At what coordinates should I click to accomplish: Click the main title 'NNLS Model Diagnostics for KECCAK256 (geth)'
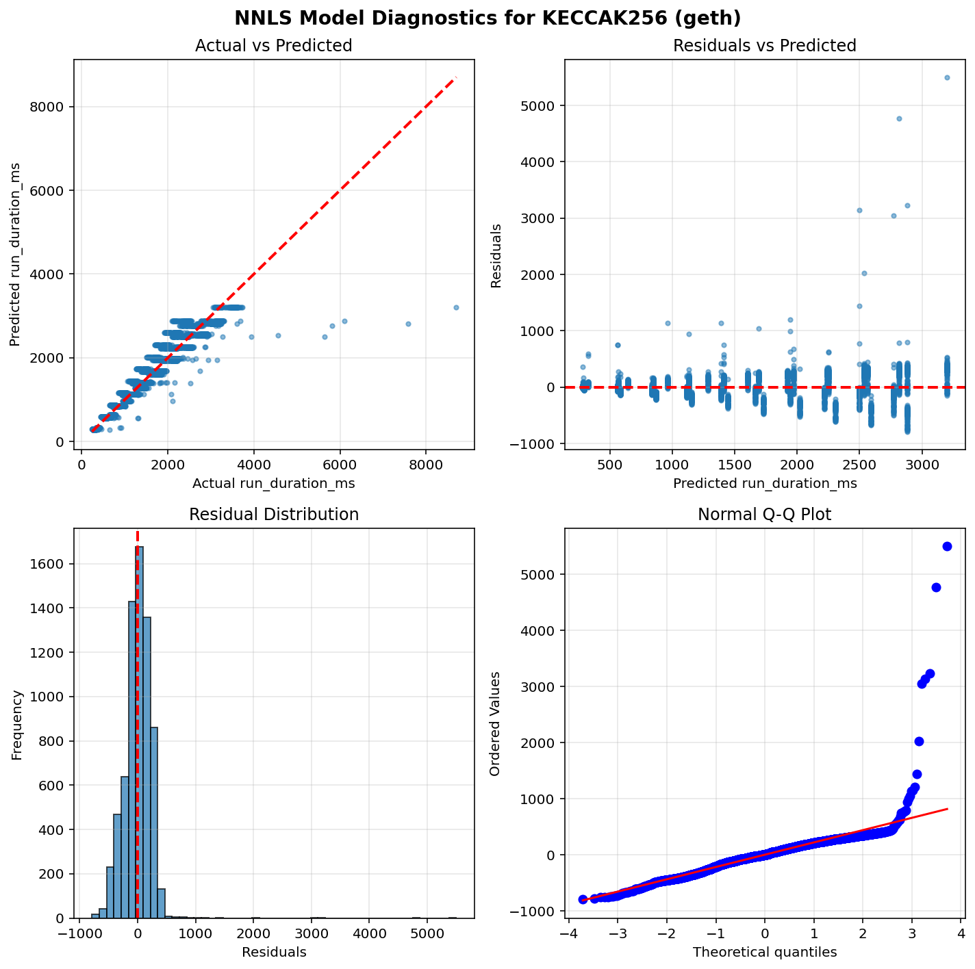point(488,18)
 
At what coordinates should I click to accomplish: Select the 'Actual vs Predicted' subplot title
point(273,46)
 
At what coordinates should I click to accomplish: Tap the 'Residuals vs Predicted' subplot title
point(765,46)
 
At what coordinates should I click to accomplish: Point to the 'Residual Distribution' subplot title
point(273,515)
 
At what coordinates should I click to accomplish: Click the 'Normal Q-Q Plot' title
point(765,515)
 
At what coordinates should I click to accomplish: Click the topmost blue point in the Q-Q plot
point(947,546)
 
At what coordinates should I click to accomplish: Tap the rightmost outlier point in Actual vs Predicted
point(456,307)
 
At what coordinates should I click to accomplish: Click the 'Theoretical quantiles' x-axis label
point(765,952)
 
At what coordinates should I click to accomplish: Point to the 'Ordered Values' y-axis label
point(494,723)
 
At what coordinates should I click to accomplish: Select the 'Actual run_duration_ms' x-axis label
point(273,483)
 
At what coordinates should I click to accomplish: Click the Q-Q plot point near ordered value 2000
point(919,741)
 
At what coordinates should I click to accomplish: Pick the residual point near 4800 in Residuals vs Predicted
point(899,118)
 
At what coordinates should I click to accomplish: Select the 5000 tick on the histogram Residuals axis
point(427,934)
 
